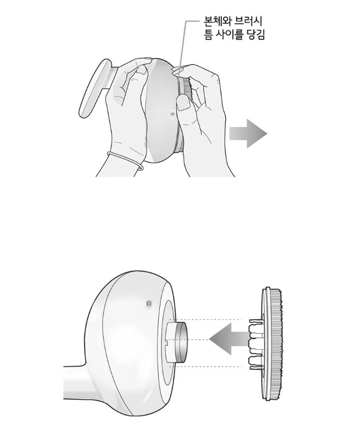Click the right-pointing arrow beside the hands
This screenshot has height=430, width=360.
[x=248, y=134]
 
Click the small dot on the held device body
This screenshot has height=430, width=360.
[x=172, y=114]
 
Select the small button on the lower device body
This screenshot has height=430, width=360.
[x=149, y=303]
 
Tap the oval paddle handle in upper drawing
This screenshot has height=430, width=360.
[x=95, y=88]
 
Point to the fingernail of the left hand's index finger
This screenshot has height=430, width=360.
[x=142, y=69]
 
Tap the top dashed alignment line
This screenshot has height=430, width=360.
[x=206, y=320]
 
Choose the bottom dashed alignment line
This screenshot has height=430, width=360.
[x=206, y=366]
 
